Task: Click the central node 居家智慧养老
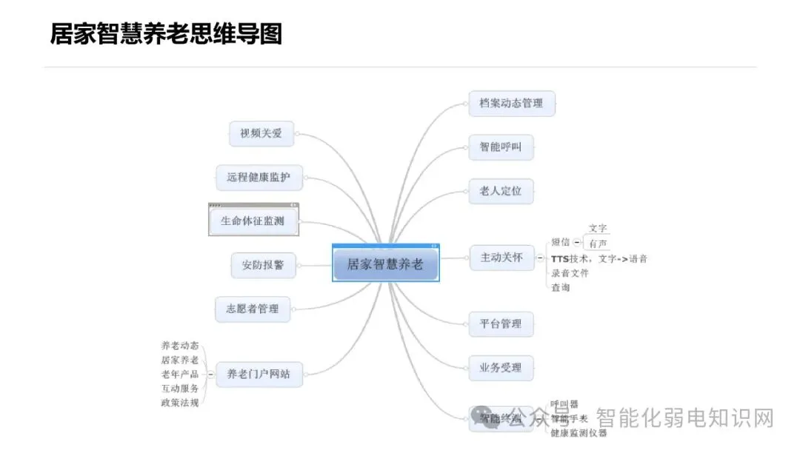385,264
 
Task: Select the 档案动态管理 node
511,103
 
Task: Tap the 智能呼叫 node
501,147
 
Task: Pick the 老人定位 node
501,191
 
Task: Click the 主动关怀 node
501,258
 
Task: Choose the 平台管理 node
501,323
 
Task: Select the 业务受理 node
501,367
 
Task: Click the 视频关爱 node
261,133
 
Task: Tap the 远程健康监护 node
259,178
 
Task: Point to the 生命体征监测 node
253,221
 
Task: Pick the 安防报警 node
263,265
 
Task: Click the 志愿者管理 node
253,309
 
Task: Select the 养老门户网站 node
259,375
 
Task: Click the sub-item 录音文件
570,273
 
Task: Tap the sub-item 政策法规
180,403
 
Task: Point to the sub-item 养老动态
180,346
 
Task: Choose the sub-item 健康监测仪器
579,432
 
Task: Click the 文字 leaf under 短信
598,229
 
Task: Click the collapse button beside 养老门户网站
211,375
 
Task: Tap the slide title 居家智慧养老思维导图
166,34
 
